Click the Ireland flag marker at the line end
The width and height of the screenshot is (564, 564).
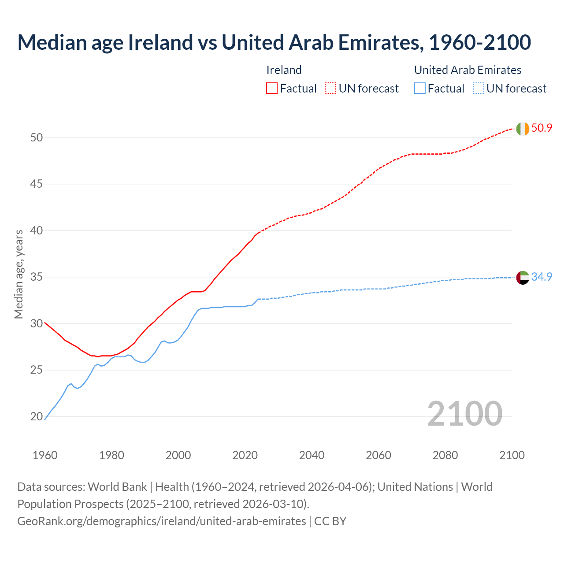pos(522,129)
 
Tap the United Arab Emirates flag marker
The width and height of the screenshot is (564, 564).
pos(522,278)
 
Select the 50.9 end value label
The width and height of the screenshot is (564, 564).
pos(542,128)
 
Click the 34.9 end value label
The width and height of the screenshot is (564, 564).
pos(542,277)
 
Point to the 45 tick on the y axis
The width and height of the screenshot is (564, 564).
pos(37,184)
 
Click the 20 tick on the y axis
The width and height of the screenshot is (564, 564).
pos(37,416)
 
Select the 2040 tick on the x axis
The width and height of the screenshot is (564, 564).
pos(312,455)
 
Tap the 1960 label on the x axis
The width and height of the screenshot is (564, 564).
pos(45,455)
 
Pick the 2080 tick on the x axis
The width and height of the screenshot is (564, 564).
pos(445,455)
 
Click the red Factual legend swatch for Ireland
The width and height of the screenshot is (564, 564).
pos(272,89)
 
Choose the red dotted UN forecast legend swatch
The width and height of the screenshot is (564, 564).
pos(330,89)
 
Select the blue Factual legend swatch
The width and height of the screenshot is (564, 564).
pos(420,89)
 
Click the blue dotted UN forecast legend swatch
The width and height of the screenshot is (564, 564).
pos(479,89)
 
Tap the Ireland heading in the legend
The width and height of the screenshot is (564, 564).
pos(284,70)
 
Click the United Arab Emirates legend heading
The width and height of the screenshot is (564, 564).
pos(468,70)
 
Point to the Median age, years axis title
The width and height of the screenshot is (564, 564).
pos(19,274)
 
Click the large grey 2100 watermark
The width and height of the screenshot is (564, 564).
pos(464,413)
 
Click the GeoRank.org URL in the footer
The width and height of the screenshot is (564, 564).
pos(161,521)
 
